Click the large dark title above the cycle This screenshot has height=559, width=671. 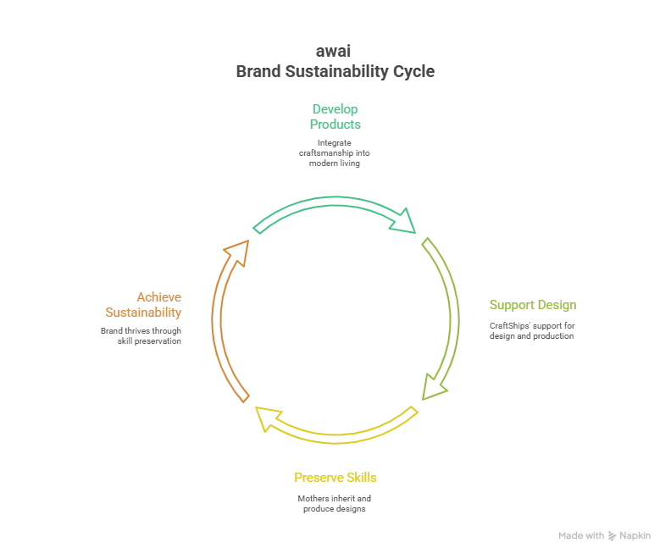(x=335, y=74)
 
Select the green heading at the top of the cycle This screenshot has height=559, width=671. (x=335, y=114)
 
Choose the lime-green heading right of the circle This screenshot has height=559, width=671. (x=533, y=305)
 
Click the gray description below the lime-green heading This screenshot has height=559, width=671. (x=533, y=329)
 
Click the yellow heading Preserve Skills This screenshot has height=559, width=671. (x=336, y=479)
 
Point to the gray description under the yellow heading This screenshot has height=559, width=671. (x=336, y=506)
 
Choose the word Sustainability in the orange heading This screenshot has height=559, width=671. (x=143, y=311)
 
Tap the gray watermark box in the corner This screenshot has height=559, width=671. (x=603, y=535)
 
